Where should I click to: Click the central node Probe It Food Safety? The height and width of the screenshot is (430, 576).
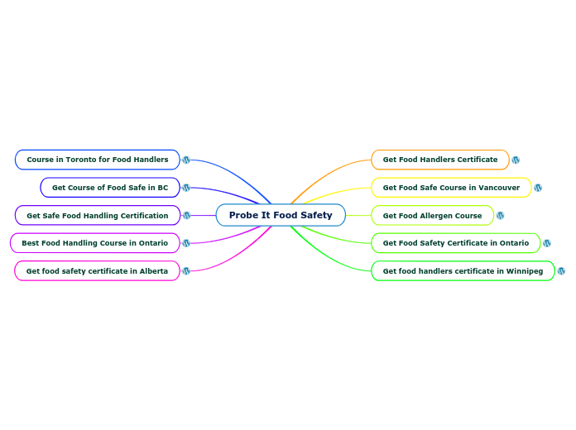pos(281,215)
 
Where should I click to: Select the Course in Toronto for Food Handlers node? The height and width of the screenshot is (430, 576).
pos(97,160)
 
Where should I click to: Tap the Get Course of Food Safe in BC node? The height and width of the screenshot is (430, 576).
pos(109,188)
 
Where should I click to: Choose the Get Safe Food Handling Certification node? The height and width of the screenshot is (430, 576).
pos(97,215)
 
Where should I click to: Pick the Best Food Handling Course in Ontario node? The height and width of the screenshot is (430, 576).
pos(94,243)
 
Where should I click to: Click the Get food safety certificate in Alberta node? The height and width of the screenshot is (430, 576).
pos(97,270)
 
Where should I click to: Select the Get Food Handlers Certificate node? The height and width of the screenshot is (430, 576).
pos(439,160)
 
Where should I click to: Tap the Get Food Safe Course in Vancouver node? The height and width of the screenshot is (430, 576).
pos(451,188)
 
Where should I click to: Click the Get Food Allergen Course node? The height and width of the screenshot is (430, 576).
pos(432,215)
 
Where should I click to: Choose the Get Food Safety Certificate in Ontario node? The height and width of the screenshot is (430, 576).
pos(455,243)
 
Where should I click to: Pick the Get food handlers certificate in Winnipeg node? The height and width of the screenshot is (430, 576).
pos(463,270)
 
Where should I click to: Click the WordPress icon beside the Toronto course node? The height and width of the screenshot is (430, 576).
pos(186,160)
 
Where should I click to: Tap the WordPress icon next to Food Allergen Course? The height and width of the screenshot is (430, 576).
pos(500,215)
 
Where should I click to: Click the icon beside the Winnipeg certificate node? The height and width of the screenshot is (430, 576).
pos(561,270)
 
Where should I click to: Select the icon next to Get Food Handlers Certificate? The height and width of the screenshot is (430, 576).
pos(516,160)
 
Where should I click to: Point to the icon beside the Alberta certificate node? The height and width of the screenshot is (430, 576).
pos(186,270)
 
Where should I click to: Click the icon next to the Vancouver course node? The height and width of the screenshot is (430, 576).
pos(538,188)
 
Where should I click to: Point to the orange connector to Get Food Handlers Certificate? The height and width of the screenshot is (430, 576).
pos(323,174)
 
